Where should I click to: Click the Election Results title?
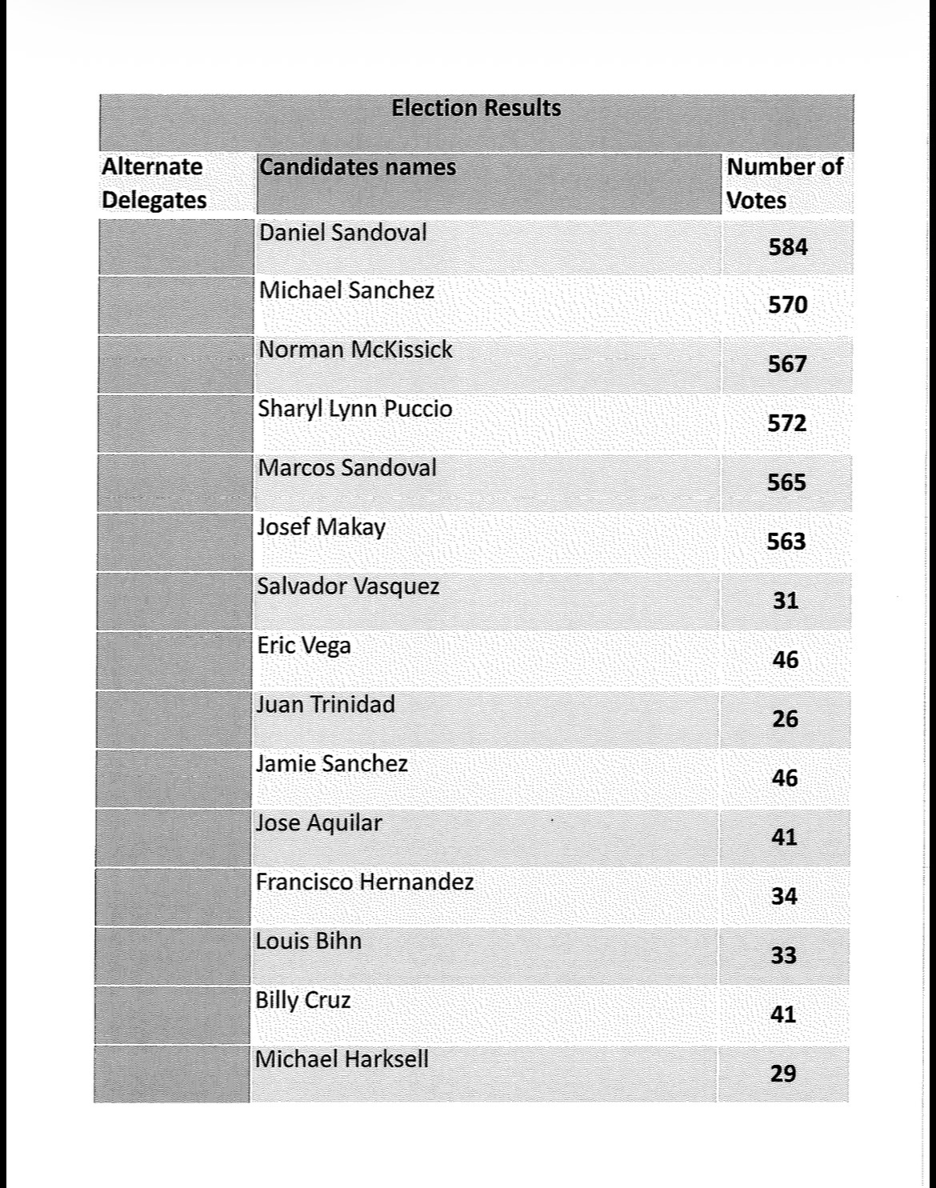(476, 108)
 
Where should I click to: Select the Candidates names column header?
(358, 167)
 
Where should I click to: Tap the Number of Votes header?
(784, 183)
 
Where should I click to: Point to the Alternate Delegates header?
(154, 183)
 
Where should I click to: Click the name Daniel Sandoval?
(342, 233)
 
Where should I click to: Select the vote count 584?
(788, 247)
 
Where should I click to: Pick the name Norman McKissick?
(355, 350)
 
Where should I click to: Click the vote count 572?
(787, 423)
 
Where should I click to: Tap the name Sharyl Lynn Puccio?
(354, 409)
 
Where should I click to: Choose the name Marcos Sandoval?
(347, 468)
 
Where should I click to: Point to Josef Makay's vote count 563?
(786, 542)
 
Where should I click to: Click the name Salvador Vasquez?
(348, 586)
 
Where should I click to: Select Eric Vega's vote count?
(786, 660)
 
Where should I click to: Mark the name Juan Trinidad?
(326, 705)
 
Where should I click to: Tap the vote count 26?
(786, 719)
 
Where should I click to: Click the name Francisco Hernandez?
(365, 882)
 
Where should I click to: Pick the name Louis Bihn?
(309, 942)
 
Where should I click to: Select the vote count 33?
(784, 956)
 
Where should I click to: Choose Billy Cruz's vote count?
(783, 1015)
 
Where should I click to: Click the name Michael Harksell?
(342, 1060)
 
